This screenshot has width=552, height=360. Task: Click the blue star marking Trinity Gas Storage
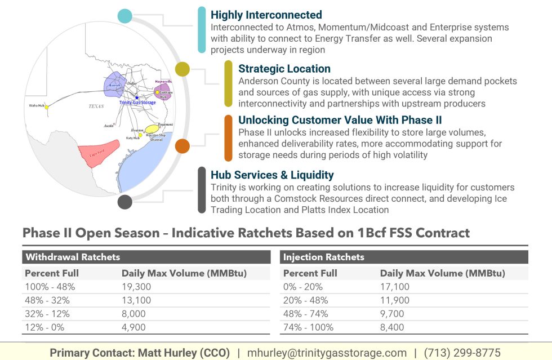click(x=137, y=97)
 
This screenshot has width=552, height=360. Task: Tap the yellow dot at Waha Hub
click(x=47, y=106)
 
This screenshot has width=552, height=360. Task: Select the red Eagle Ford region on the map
click(x=99, y=151)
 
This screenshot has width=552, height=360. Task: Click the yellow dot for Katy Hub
click(x=140, y=135)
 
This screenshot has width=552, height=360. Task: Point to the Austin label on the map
click(x=109, y=126)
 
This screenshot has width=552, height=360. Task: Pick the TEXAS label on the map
click(x=96, y=106)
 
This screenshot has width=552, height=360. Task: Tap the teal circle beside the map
click(x=125, y=16)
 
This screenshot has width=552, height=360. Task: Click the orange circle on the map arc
click(x=182, y=146)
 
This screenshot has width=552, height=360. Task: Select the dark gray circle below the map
click(x=125, y=202)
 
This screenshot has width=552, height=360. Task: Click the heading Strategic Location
click(x=284, y=69)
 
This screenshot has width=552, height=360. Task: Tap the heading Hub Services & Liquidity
click(x=272, y=175)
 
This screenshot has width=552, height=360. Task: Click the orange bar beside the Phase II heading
click(x=228, y=138)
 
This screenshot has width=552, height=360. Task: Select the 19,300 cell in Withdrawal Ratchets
click(x=136, y=287)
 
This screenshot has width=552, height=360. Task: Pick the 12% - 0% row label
click(x=46, y=327)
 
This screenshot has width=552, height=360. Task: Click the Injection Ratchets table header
click(x=323, y=257)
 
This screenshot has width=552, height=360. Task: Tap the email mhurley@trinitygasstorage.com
click(x=327, y=353)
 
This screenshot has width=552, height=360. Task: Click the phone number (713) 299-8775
click(x=462, y=353)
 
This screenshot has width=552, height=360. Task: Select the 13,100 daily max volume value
click(x=136, y=300)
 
